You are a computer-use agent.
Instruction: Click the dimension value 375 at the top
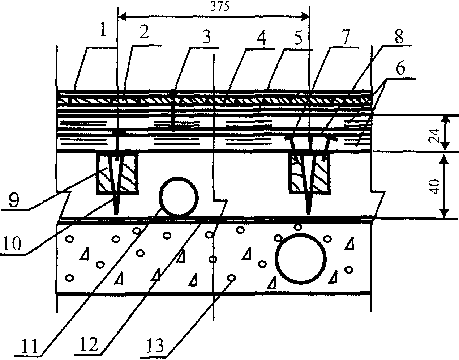[x=220, y=7]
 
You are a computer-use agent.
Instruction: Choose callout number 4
[x=261, y=38]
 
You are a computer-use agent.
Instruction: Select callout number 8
[x=399, y=37]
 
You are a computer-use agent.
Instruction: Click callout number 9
[x=14, y=200]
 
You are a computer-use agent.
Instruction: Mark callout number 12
[x=89, y=344]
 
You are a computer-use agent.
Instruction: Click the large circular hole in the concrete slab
[x=301, y=259]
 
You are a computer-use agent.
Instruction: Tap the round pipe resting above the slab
[x=179, y=196]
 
